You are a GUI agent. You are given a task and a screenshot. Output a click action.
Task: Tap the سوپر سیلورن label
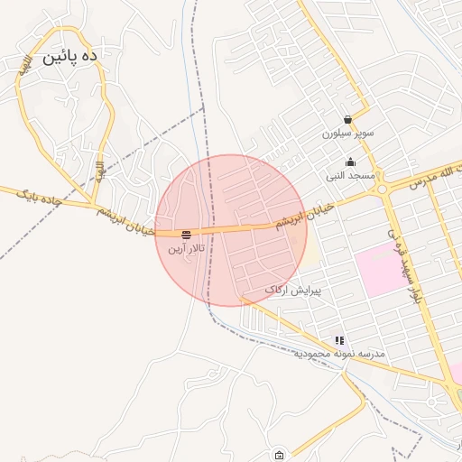[x=347, y=134]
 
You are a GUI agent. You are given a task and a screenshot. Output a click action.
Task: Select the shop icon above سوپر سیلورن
[x=347, y=119]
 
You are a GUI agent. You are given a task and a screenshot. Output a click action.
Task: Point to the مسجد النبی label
[x=347, y=176]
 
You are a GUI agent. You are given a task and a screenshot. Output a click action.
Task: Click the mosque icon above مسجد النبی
[x=350, y=162]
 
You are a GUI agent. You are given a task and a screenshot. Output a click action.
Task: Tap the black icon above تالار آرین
[x=186, y=234]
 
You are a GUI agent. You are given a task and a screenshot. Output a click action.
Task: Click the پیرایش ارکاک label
[x=292, y=291]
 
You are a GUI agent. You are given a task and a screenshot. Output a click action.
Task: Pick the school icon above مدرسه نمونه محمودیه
[x=339, y=340]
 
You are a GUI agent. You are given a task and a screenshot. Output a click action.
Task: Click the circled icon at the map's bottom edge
[x=279, y=455]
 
